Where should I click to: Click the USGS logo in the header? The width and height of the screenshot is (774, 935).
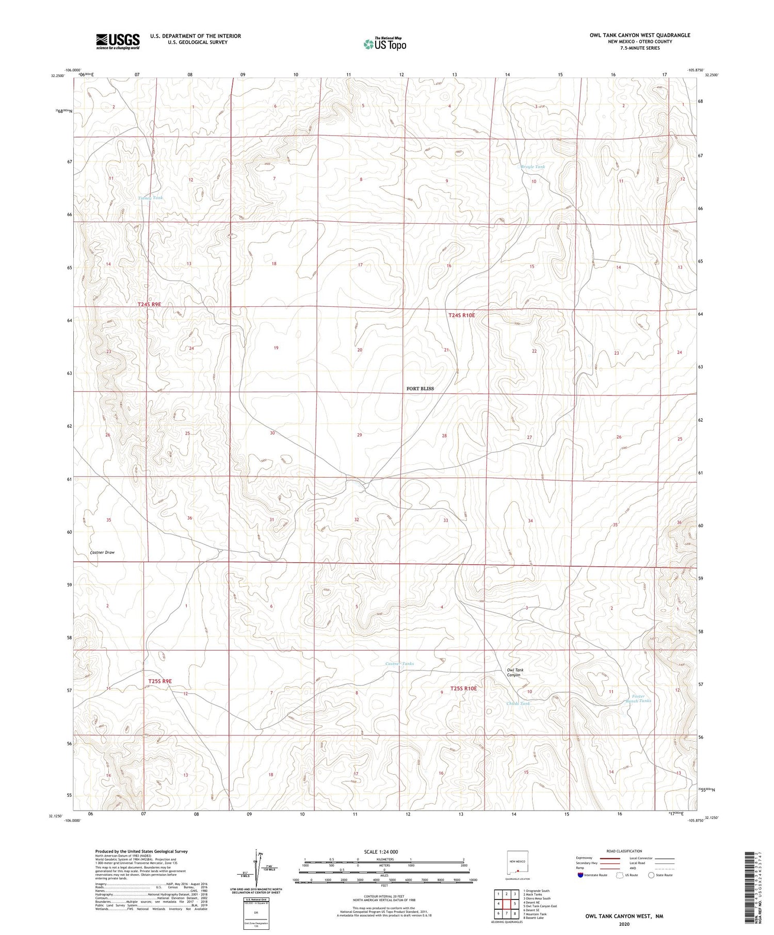pos(118,41)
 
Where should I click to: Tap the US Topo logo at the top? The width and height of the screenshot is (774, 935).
pos(385,44)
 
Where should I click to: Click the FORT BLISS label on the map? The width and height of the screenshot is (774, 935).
pos(420,388)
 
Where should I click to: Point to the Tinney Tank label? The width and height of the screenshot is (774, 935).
pos(151,198)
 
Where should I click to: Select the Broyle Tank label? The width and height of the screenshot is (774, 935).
pos(533,167)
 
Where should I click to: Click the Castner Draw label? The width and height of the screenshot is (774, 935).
pos(102,552)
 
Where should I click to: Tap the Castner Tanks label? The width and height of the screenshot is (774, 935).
pos(399,664)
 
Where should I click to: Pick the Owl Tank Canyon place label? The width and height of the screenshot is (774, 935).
pos(514,672)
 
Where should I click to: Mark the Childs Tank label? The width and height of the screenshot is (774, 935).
pos(518,704)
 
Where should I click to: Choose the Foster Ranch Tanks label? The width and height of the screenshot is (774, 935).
pos(638,698)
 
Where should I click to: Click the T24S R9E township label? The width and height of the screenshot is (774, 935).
pos(149,305)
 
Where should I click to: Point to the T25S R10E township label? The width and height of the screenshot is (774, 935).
pos(464,688)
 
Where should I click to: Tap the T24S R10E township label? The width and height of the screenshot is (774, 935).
pos(461,315)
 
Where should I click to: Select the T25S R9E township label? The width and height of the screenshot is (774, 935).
pos(159,681)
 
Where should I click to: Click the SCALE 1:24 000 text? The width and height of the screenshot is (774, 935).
pos(381,852)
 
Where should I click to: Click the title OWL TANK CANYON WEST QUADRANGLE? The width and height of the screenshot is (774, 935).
pos(640,35)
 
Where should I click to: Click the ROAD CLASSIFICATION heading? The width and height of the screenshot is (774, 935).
pos(624,851)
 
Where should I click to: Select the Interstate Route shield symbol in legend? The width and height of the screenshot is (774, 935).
pos(581,875)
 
